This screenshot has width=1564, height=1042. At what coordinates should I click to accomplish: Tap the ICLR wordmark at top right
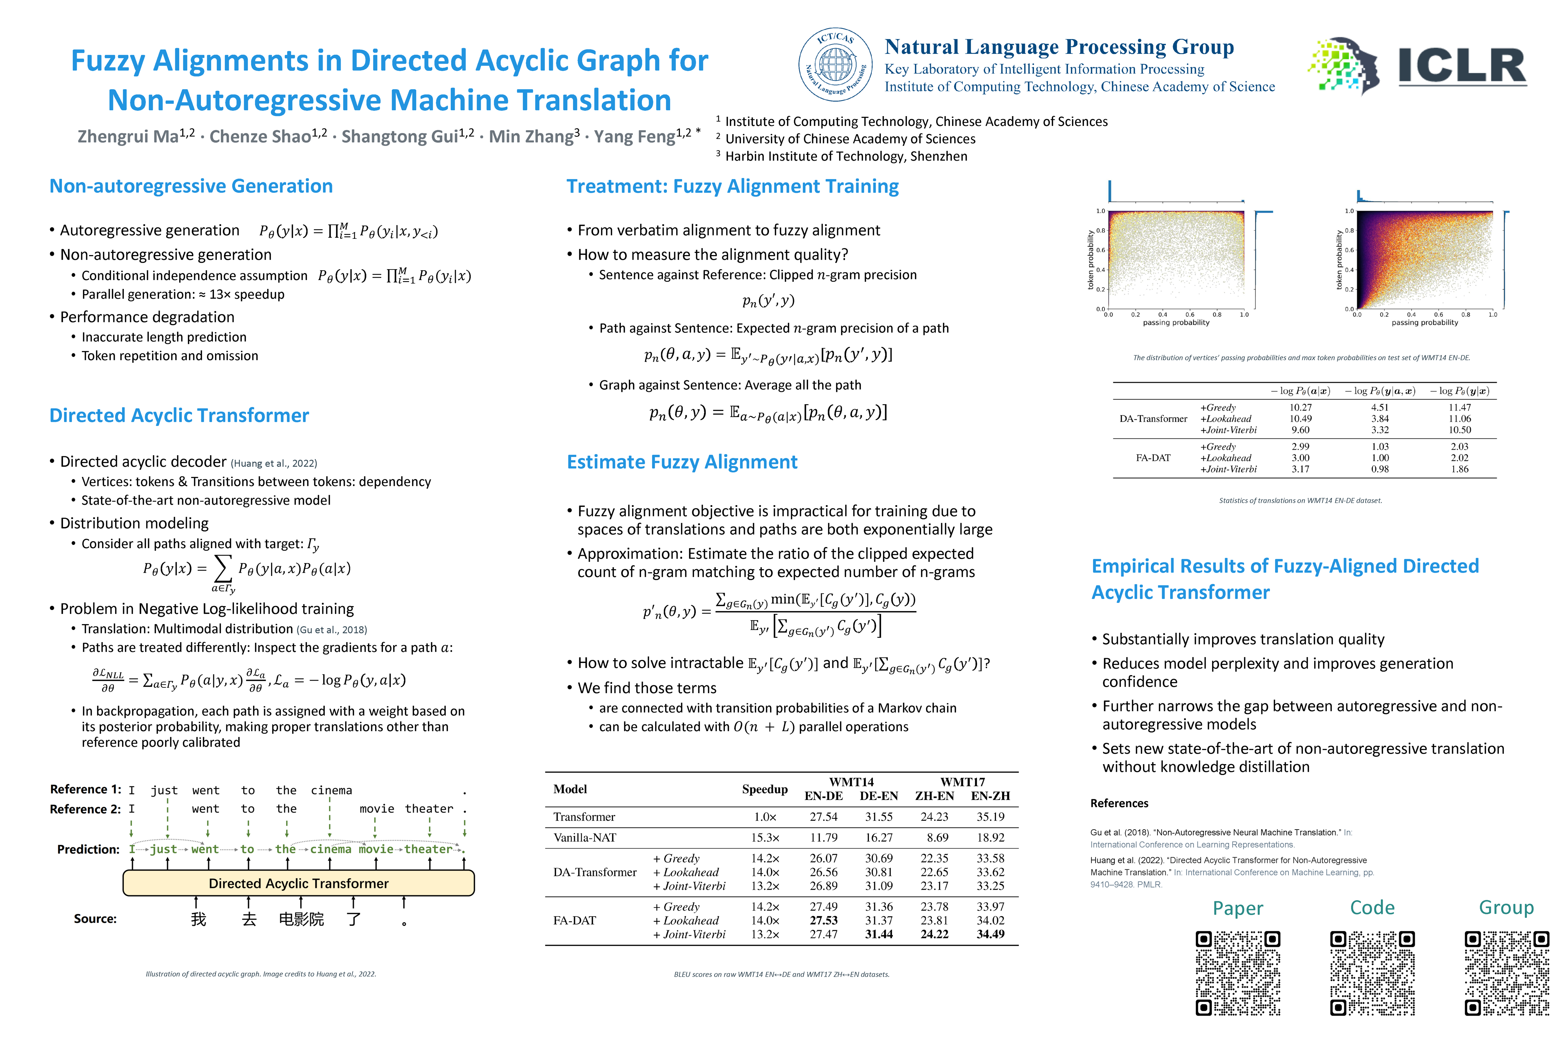[1462, 67]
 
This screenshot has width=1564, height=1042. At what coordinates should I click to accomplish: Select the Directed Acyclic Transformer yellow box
[299, 883]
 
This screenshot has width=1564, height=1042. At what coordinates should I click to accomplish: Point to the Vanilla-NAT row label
[584, 837]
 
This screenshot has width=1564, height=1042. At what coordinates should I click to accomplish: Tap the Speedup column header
[765, 789]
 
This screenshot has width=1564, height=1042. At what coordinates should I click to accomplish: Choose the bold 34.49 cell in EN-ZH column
[990, 934]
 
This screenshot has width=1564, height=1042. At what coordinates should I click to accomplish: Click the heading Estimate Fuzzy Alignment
[682, 462]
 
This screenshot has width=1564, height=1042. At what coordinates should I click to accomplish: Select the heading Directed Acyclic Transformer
[179, 415]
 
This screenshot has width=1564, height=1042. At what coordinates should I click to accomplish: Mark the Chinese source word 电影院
[301, 919]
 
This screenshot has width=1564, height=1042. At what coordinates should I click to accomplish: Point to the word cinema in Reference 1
[331, 790]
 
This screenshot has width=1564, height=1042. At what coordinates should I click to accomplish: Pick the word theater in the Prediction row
[428, 849]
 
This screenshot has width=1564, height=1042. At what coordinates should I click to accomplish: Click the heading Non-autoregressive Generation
[191, 186]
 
